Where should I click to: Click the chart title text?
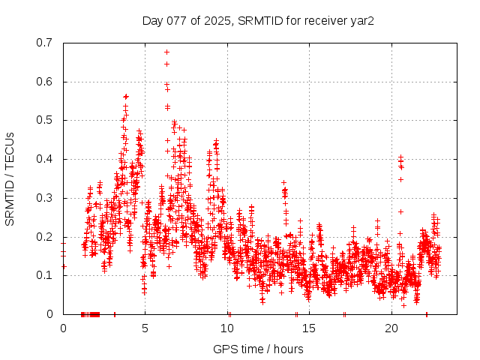pyautogui.click(x=258, y=21)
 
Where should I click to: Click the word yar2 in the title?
pyautogui.click(x=361, y=21)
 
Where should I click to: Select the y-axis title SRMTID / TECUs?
pyautogui.click(x=10, y=178)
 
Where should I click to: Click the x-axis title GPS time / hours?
pyautogui.click(x=258, y=349)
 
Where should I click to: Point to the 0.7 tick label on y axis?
pyautogui.click(x=45, y=43)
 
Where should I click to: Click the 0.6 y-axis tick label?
pyautogui.click(x=45, y=82)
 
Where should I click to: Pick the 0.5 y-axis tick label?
pyautogui.click(x=45, y=120)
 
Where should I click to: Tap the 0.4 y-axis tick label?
pyautogui.click(x=45, y=159)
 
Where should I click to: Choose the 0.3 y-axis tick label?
pyautogui.click(x=45, y=198)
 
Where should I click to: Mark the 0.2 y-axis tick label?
pyautogui.click(x=45, y=237)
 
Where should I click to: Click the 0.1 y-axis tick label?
pyautogui.click(x=45, y=275)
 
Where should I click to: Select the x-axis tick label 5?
pyautogui.click(x=145, y=328)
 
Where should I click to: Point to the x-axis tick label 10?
pyautogui.click(x=227, y=328)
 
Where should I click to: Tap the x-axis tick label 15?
pyautogui.click(x=310, y=328)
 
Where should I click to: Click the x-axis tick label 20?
pyautogui.click(x=391, y=328)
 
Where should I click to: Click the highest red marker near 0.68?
pyautogui.click(x=166, y=52)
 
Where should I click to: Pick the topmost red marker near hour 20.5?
pyautogui.click(x=400, y=157)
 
